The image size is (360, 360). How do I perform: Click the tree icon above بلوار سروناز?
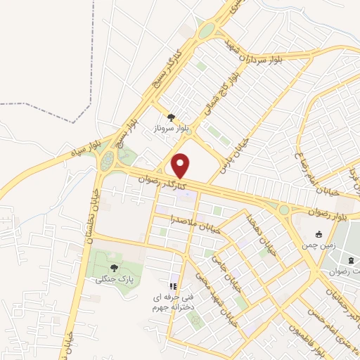(171, 117)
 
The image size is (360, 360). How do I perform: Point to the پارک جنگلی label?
(114, 279)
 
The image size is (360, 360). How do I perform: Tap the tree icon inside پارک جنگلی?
(114, 268)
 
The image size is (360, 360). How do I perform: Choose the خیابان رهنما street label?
(255, 231)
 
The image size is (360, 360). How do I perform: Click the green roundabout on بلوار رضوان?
(284, 210)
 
